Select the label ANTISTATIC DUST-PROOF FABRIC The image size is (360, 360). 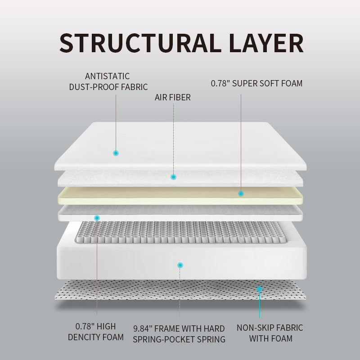108,81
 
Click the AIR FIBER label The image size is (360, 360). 173,97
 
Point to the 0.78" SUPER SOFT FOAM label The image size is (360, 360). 256,83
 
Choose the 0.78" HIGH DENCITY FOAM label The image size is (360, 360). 95,332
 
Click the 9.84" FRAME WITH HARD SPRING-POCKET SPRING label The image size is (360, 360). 179,334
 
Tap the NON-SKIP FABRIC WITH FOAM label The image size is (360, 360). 270,333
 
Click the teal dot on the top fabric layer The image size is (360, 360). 116,153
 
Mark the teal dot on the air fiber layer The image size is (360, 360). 173,177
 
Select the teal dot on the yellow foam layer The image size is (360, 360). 241,193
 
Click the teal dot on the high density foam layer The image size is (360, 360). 97,218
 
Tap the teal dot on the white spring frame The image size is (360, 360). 180,265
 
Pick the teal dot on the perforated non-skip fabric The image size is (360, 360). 259,288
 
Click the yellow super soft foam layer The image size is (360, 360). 180,195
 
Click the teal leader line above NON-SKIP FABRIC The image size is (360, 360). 259,306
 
